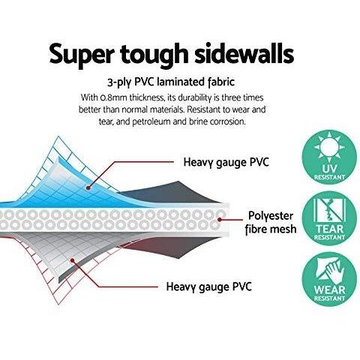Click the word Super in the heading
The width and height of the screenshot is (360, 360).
click(82, 54)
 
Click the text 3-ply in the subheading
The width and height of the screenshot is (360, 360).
click(118, 82)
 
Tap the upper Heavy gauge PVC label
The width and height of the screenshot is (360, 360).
click(226, 163)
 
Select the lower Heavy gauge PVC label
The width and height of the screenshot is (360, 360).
click(208, 286)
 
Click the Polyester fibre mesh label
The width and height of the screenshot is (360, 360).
click(271, 223)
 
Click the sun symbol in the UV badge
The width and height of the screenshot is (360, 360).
click(329, 147)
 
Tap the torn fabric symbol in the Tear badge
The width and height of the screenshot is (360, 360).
click(329, 210)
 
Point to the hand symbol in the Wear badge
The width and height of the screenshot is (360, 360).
click(329, 271)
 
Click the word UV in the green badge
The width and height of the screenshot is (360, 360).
click(329, 169)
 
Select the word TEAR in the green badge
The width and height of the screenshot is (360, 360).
click(329, 229)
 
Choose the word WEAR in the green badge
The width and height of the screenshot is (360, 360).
click(329, 290)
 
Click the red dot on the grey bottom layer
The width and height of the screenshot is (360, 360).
click(72, 260)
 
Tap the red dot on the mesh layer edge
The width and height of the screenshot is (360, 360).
click(220, 220)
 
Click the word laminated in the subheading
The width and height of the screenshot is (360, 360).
click(184, 82)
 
